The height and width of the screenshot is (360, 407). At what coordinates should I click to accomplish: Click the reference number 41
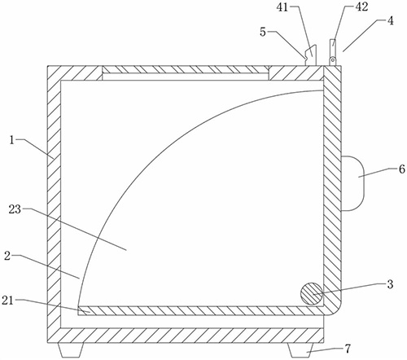[282, 7]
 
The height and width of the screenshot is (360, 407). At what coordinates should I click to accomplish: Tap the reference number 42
[361, 7]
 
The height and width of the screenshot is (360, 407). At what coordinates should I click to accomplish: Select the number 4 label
[390, 21]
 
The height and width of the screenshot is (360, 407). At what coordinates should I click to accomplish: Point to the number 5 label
[263, 32]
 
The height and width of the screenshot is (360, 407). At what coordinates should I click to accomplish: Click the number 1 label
[11, 140]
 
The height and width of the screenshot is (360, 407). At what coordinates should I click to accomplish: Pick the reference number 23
[15, 209]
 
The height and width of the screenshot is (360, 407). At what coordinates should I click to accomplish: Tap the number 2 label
[7, 256]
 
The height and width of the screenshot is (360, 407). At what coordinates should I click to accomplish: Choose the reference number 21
[7, 301]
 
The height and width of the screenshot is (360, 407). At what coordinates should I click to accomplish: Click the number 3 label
[390, 284]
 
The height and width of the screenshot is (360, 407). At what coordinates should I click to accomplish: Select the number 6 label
[402, 169]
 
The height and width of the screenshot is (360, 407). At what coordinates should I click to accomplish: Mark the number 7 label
[348, 349]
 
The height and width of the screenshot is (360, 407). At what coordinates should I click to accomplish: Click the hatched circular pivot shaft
[312, 294]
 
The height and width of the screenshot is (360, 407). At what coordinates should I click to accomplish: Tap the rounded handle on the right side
[352, 183]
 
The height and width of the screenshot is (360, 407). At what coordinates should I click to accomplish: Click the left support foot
[71, 350]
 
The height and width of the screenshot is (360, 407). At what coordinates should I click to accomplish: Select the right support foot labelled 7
[300, 350]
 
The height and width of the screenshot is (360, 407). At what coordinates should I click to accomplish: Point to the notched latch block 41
[311, 55]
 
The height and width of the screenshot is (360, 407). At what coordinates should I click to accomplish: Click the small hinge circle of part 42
[331, 59]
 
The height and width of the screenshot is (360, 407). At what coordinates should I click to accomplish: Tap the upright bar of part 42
[332, 48]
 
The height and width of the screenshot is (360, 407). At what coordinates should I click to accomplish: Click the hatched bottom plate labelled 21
[201, 310]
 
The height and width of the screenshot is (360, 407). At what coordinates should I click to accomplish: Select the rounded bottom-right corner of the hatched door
[335, 309]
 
